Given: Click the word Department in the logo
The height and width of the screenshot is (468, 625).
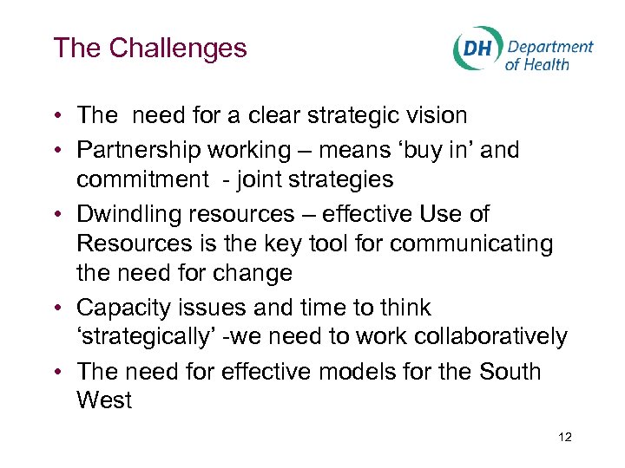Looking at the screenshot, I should pyautogui.click(x=549, y=47).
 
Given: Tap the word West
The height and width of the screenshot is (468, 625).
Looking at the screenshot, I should pyautogui.click(x=104, y=400).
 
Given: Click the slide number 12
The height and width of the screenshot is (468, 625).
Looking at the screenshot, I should pyautogui.click(x=565, y=438).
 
